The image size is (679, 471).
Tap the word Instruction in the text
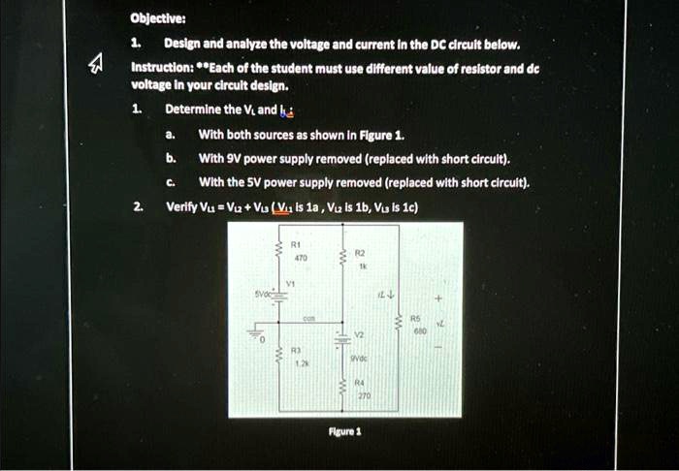(x=159, y=69)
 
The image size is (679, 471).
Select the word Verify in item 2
(x=181, y=206)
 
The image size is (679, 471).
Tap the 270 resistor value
(x=363, y=395)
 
